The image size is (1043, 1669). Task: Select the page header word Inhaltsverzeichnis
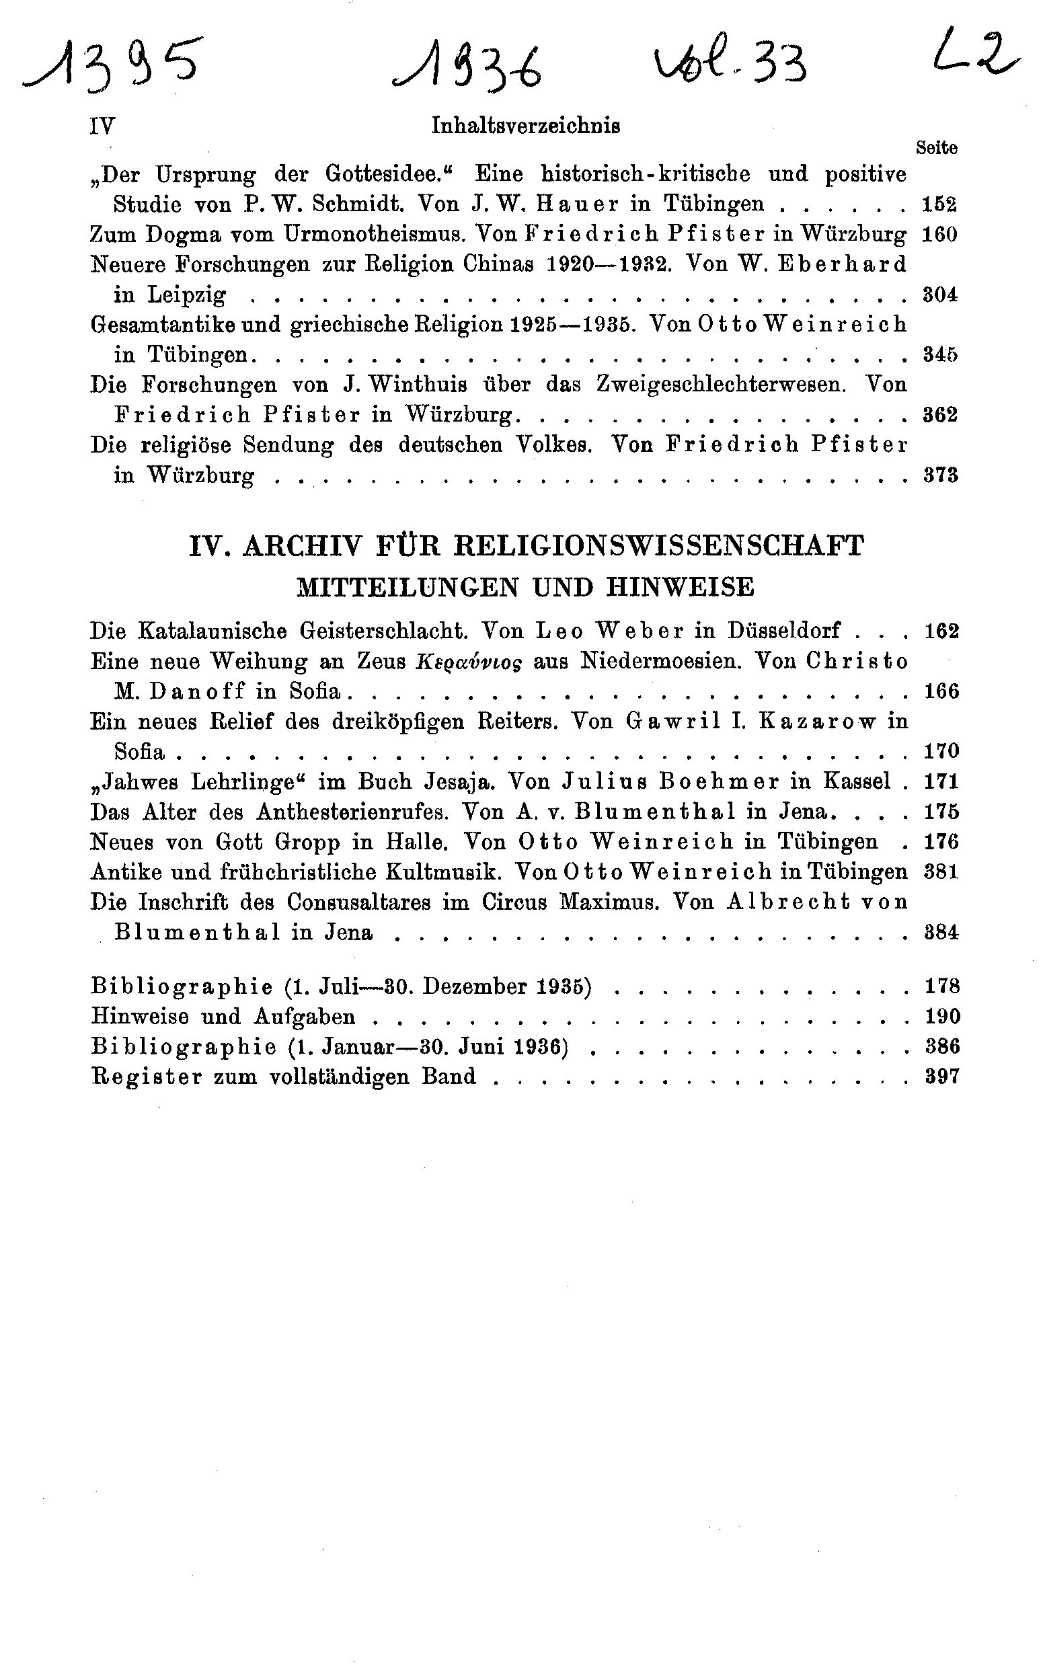point(526,126)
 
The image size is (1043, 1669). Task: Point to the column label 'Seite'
point(936,147)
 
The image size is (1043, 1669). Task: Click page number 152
point(939,205)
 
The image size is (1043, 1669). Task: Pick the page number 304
point(940,295)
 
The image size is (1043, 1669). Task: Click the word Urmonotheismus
point(372,235)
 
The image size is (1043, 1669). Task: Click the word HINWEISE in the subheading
point(679,587)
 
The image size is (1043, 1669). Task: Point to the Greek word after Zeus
point(469,662)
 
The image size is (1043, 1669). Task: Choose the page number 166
point(941,691)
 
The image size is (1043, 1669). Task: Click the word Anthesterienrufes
point(352,812)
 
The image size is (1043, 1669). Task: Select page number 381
point(941,872)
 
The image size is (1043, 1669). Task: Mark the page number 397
point(941,1077)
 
